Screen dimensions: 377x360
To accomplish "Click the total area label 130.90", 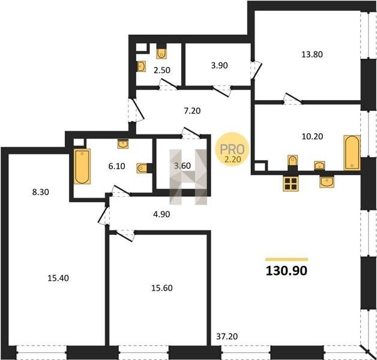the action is click(286, 271).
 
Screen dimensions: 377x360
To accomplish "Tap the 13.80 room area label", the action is click(312, 55).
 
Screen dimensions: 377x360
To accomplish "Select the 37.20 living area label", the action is click(227, 337).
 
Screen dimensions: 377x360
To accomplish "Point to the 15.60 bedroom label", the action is click(162, 288).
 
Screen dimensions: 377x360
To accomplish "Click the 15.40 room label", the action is click(58, 278).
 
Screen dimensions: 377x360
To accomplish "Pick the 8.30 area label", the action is click(41, 192).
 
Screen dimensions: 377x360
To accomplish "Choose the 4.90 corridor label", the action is click(161, 214).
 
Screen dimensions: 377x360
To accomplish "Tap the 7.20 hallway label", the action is click(192, 111).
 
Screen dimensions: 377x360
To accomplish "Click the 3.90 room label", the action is click(219, 65).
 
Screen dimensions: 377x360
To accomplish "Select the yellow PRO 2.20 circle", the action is click(232, 149).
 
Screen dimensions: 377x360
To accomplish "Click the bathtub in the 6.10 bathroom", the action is click(82, 166).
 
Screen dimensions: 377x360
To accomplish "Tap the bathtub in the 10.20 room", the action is click(352, 152).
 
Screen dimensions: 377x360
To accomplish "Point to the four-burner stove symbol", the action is click(291, 184).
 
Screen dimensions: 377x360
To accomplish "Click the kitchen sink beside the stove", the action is click(327, 182).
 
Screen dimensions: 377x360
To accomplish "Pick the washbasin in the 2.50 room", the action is click(142, 67).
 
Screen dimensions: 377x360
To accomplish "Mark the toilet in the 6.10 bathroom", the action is click(143, 168).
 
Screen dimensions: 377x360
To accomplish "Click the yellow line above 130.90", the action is click(286, 259).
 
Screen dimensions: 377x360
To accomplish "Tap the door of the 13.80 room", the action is click(293, 98).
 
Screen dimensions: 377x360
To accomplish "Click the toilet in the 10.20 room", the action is click(292, 161).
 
